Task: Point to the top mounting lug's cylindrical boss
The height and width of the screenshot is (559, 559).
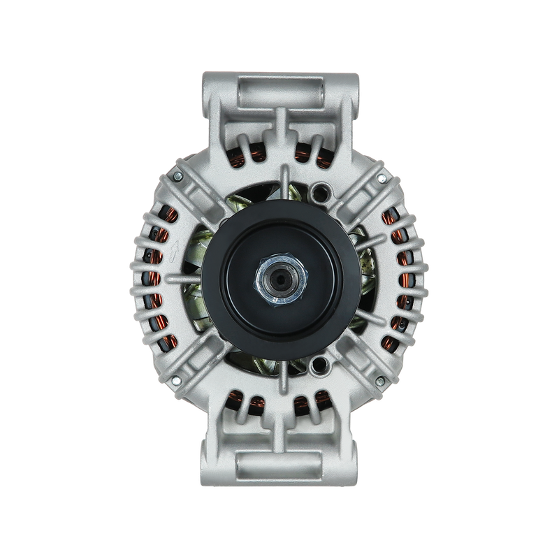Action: click(x=279, y=91)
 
